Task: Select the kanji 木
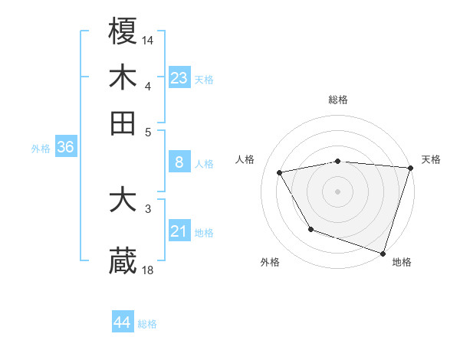[x=123, y=77]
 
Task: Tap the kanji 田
[x=123, y=123]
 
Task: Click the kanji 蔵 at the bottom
[x=123, y=261]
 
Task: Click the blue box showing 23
[x=179, y=77]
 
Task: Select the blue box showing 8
[x=179, y=162]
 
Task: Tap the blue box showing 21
[x=179, y=231]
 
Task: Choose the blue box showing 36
[x=65, y=148]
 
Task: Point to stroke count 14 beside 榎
[x=148, y=39]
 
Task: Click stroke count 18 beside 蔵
[x=148, y=270]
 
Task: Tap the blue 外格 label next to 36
[x=41, y=149]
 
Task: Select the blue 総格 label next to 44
[x=147, y=324]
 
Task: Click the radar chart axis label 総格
[x=338, y=100]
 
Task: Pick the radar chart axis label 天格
[x=431, y=159]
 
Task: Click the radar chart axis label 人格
[x=245, y=159]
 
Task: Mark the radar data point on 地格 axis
[x=383, y=252]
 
